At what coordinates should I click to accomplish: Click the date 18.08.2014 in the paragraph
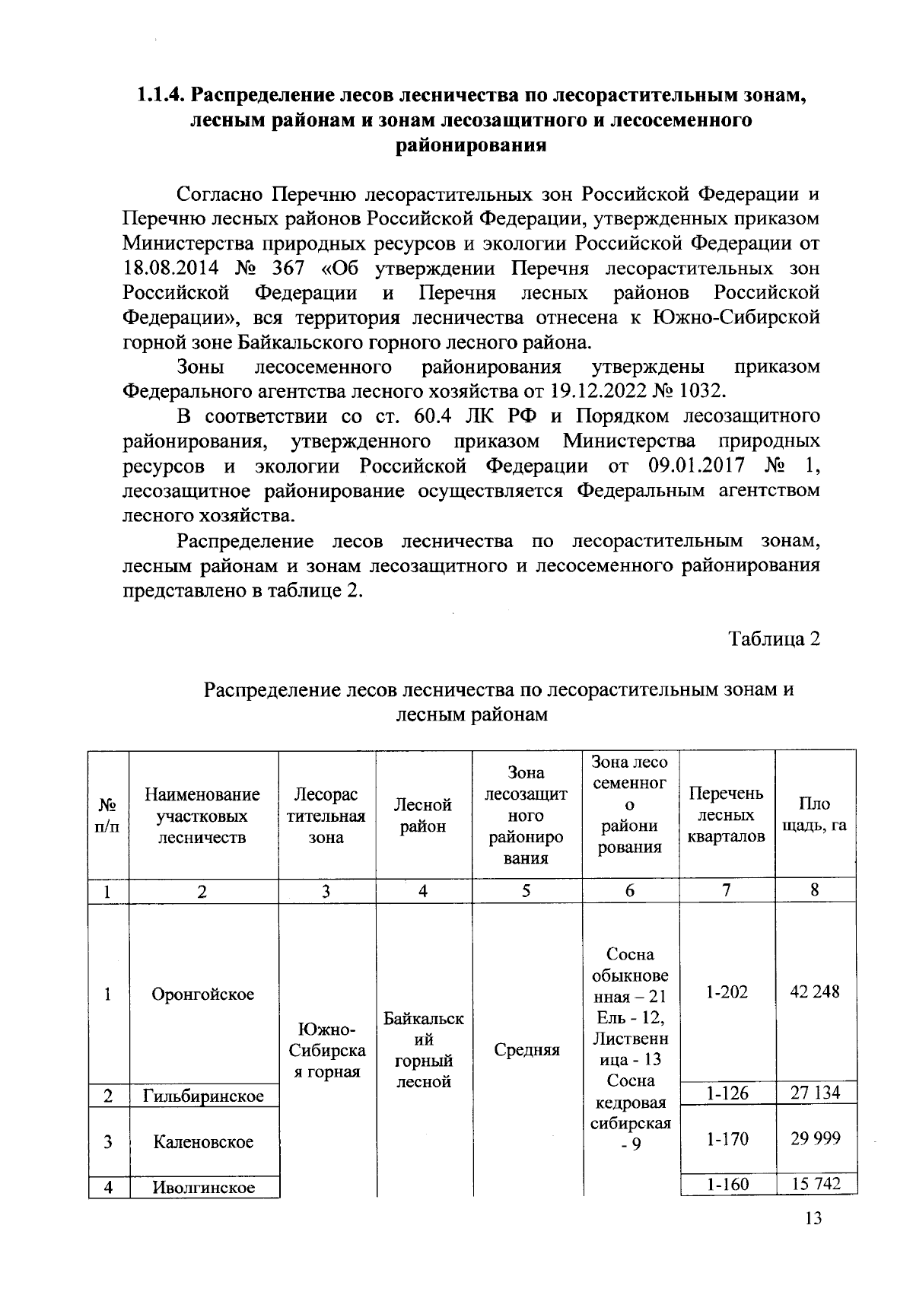[x=171, y=269]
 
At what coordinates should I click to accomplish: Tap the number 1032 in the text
[x=699, y=391]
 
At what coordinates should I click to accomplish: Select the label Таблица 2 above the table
[x=774, y=638]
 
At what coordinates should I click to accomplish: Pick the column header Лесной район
[x=423, y=816]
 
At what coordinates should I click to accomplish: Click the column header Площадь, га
[x=814, y=816]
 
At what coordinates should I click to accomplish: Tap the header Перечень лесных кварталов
[x=726, y=816]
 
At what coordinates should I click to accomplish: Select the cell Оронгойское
[x=203, y=994]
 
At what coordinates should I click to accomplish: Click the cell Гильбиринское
[x=203, y=1096]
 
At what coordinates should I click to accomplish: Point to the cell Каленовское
[x=203, y=1141]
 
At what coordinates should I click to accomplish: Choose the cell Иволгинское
[x=203, y=1187]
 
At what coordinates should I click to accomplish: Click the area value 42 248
[x=815, y=991]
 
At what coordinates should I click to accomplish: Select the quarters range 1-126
[x=727, y=1093]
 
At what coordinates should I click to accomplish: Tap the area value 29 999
[x=815, y=1138]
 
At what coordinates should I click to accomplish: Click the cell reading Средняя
[x=526, y=1050]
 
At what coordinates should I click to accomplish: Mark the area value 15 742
[x=815, y=1184]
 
